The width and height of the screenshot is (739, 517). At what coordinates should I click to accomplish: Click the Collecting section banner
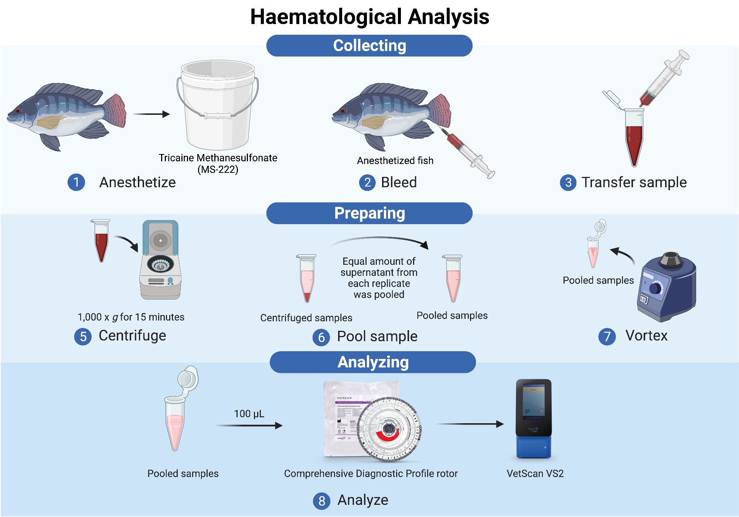369,46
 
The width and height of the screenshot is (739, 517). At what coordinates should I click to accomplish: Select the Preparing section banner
369,213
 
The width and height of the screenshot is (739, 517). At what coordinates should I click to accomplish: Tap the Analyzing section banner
372,362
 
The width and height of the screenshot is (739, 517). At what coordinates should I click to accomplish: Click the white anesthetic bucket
218,107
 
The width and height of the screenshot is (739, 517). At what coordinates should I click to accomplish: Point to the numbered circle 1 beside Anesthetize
76,182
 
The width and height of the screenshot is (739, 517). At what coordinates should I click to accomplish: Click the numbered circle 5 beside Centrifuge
83,336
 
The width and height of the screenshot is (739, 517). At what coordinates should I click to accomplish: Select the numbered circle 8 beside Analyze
321,501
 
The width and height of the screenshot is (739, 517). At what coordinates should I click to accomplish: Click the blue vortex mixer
667,286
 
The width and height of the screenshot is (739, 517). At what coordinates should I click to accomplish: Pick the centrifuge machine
160,260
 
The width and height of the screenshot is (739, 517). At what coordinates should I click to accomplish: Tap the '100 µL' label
249,414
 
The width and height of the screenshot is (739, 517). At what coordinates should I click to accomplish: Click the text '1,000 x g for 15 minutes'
131,317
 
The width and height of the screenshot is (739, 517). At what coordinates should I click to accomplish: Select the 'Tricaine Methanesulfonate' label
218,158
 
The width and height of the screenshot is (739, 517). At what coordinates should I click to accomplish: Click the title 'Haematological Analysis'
369,17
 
